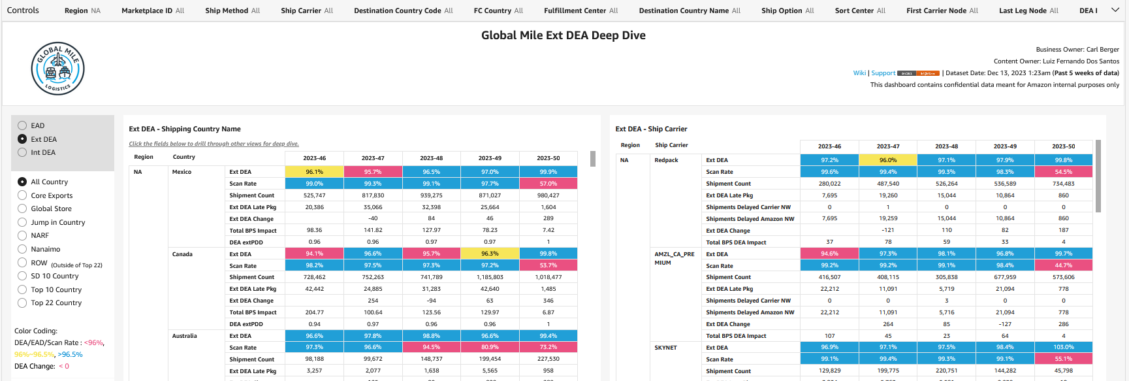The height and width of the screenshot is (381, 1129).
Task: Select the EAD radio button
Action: [x=22, y=125]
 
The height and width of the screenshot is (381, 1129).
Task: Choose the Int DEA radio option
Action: [x=22, y=152]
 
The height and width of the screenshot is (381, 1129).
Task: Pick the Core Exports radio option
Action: [x=22, y=195]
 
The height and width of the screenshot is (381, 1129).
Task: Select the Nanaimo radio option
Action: [x=22, y=249]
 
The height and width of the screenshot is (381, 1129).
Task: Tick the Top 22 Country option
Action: [x=22, y=303]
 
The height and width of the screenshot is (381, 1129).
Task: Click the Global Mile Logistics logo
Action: [x=57, y=69]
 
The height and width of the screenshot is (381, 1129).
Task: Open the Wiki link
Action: [x=859, y=73]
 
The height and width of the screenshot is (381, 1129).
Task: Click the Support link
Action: [x=883, y=73]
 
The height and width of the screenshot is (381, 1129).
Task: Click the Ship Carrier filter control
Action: [x=307, y=10]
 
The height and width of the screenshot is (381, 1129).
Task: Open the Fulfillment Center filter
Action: [x=580, y=10]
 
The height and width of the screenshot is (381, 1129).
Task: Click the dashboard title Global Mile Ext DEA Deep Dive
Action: [x=563, y=35]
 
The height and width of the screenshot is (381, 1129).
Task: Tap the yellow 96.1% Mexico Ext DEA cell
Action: [x=314, y=172]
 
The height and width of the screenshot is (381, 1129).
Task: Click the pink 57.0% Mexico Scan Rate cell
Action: [x=548, y=184]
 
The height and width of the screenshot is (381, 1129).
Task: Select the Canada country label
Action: [x=182, y=254]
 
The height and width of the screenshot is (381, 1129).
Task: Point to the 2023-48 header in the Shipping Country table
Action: [x=431, y=158]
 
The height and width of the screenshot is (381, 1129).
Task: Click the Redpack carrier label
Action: [x=666, y=160]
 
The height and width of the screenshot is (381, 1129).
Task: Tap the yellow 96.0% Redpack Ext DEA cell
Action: [x=887, y=160]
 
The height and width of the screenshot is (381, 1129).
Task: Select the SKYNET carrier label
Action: [x=665, y=348]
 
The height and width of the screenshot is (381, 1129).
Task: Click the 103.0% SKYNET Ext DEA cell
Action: [x=1063, y=347]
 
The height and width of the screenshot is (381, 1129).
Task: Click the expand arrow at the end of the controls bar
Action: [x=1115, y=10]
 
